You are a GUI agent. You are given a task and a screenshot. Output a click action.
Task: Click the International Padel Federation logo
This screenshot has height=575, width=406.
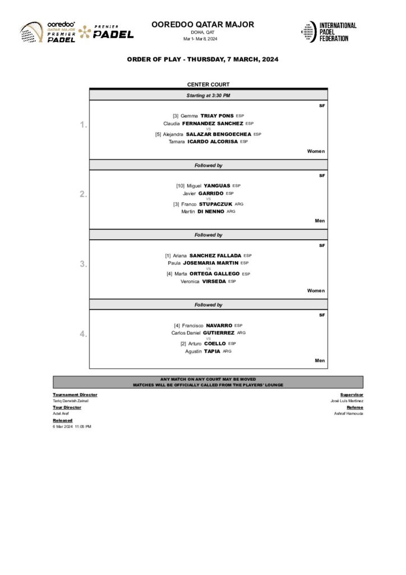click(x=329, y=31)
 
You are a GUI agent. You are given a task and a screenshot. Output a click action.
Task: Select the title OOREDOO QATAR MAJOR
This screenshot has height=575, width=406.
click(x=202, y=25)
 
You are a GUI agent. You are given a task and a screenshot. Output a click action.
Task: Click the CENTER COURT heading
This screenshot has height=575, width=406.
click(x=208, y=84)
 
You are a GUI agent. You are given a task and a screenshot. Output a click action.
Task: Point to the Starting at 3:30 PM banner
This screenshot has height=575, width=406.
click(x=208, y=95)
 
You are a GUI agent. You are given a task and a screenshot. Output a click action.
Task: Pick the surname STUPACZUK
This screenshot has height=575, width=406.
click(x=216, y=204)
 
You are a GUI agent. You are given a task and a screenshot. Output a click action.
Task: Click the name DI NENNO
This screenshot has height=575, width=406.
click(x=210, y=211)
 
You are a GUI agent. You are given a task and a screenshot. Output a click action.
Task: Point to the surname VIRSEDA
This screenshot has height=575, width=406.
click(x=214, y=281)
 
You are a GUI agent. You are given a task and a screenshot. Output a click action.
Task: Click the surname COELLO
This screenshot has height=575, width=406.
click(x=215, y=343)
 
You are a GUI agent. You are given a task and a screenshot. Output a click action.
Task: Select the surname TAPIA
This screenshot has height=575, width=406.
click(x=212, y=351)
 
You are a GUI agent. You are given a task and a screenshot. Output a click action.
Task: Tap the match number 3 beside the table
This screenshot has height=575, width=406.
click(x=83, y=264)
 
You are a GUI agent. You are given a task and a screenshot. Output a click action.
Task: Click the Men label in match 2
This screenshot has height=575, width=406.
click(x=320, y=221)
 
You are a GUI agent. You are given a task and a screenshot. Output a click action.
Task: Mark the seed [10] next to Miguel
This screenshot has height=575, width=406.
click(x=180, y=185)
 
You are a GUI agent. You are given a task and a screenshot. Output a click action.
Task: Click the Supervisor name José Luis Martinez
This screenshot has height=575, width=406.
click(x=347, y=401)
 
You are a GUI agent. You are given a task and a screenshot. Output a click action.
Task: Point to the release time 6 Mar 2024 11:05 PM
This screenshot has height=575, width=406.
click(x=72, y=427)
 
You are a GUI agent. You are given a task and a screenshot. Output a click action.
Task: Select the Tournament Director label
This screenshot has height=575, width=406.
click(x=75, y=395)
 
